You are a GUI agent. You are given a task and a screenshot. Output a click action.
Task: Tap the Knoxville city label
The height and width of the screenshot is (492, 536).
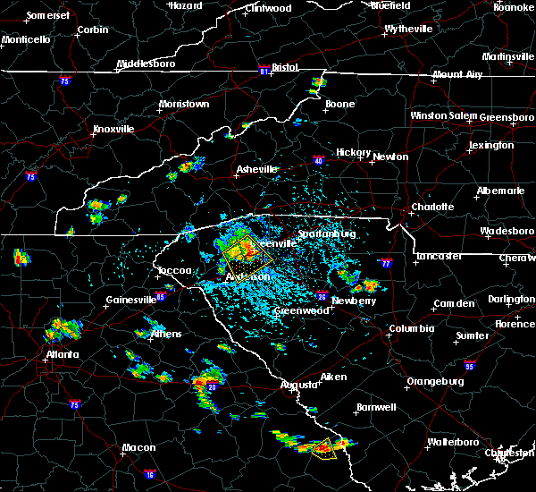pos(113,129)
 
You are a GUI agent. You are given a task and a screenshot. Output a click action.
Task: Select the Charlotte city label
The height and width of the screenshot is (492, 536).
pos(432,208)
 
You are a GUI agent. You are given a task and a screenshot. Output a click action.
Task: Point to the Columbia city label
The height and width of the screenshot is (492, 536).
pos(411,328)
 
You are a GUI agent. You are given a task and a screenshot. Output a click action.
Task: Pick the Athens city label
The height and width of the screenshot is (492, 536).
pos(166,334)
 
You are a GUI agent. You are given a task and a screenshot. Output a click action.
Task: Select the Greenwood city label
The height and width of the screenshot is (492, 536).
pos(297,310)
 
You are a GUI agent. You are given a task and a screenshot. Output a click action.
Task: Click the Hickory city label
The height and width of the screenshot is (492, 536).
pos(353,153)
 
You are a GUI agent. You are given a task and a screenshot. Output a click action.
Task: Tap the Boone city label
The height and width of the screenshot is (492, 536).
pos(339,105)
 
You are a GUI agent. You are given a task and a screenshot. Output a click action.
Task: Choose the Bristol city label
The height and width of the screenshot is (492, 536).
pos(285,67)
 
